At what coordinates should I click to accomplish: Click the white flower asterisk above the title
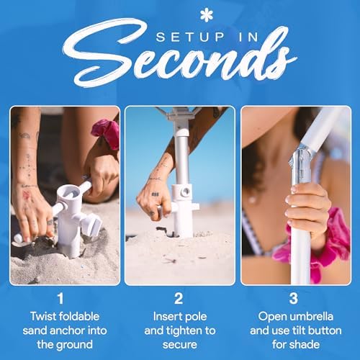[207, 15]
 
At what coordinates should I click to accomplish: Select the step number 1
[60, 299]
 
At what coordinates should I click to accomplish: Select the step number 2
[179, 299]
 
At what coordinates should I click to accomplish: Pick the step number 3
[294, 299]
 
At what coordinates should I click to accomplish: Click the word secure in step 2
[180, 345]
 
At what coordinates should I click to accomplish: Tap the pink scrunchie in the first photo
[107, 133]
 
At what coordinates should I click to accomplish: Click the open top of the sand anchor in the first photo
[69, 192]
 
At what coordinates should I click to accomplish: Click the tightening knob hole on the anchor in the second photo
[186, 192]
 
